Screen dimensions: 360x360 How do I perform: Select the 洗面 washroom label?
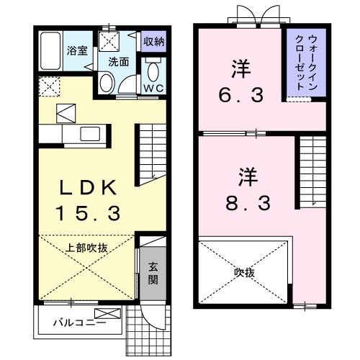point(119,62)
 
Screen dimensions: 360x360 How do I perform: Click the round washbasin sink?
point(106,84)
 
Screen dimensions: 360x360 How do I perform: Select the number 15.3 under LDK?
point(87,213)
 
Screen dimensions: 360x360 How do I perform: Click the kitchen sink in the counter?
point(91,134)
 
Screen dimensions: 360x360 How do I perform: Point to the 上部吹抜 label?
point(87,248)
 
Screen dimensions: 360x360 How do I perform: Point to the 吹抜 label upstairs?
point(245,272)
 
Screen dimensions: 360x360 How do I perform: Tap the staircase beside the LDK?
point(150,151)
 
